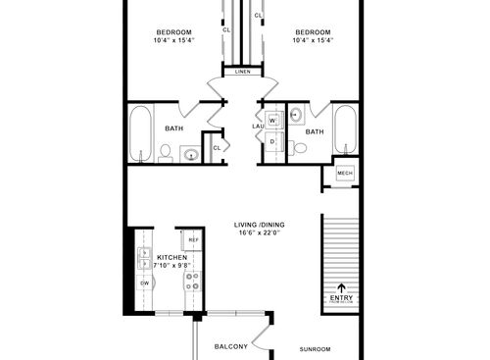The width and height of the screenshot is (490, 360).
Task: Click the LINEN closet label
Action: click(x=241, y=72)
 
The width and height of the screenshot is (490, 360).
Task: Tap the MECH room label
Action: click(x=344, y=173)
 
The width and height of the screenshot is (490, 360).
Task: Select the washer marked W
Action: click(x=272, y=121)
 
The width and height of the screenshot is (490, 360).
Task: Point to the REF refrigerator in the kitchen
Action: click(x=193, y=240)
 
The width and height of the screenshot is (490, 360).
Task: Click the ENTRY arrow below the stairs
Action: click(x=341, y=288)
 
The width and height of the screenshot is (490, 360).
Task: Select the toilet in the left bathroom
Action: click(x=167, y=153)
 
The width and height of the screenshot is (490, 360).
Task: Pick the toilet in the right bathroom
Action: click(x=302, y=148)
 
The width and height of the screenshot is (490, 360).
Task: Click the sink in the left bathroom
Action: click(x=192, y=153)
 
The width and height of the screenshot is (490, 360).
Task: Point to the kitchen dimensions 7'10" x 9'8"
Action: click(x=165, y=264)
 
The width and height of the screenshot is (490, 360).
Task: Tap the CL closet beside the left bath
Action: click(x=217, y=147)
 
